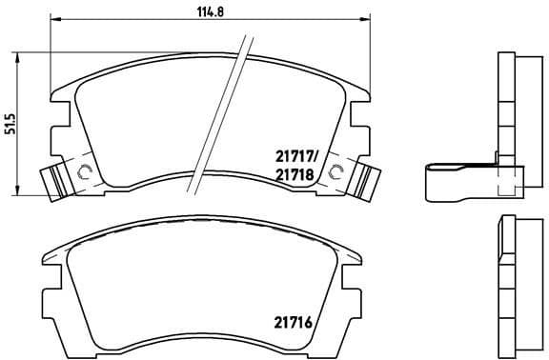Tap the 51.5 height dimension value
coord(11,124)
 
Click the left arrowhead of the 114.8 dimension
coord(53,20)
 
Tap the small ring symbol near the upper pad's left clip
coord(83,172)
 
